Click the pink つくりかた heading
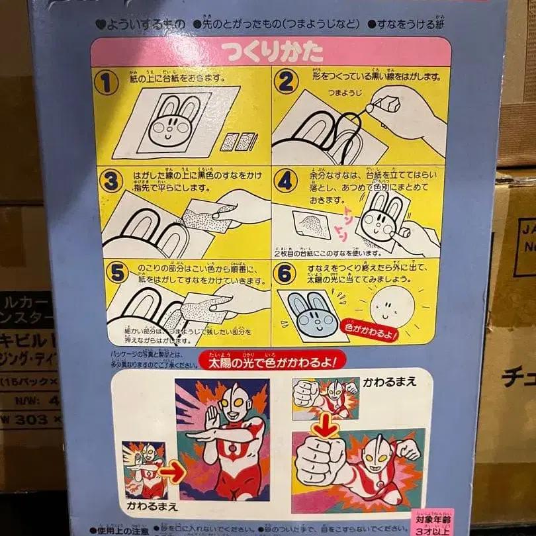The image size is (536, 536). click(273, 52)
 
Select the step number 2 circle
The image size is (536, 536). click(286, 82)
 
